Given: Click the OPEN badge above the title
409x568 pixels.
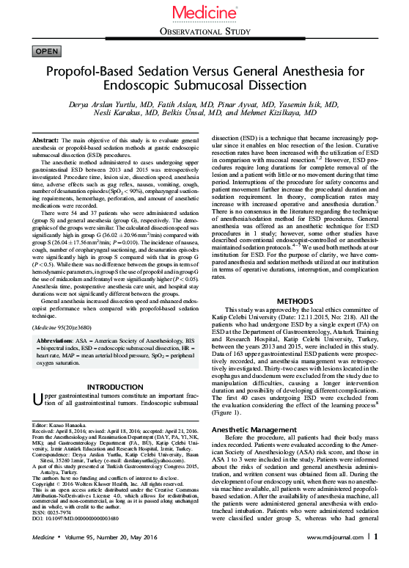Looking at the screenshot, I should click(x=47, y=51).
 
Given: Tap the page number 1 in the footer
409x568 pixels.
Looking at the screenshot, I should click(x=375, y=557).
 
